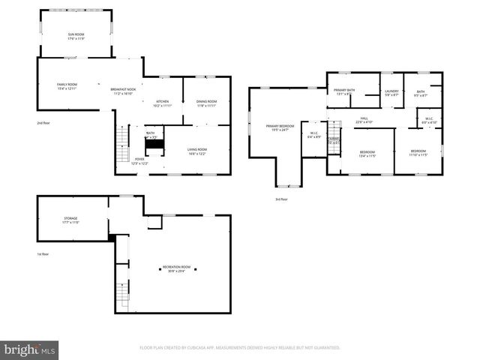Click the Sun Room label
coord(76,36)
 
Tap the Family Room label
coord(67,86)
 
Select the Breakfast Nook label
coord(124,91)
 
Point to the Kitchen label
coord(162,103)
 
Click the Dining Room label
coord(206,103)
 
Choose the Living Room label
coord(197,151)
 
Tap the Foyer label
coord(139,160)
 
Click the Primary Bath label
coord(345,91)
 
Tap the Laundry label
coord(391,93)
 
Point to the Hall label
coord(364,120)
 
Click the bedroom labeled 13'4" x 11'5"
coord(367,154)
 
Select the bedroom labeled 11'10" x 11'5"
coord(418,154)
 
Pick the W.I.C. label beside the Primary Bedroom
coord(313,136)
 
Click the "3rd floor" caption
coord(281,199)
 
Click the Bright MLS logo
coord(30,349)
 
